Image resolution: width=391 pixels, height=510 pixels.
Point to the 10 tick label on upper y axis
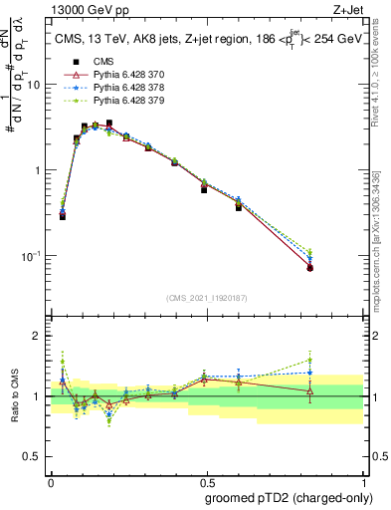35,85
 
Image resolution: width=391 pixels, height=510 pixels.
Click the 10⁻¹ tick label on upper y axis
33,256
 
